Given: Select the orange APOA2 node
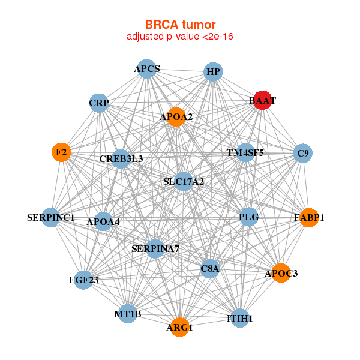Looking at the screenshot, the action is coord(176,117).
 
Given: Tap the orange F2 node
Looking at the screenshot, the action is coord(61,152).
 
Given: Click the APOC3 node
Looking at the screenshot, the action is coord(280,273).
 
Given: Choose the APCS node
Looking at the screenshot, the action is coord(147,69).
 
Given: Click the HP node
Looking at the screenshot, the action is coord(213,73).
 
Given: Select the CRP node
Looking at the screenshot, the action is coord(99,103).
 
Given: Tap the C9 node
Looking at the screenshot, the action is coord(303,154).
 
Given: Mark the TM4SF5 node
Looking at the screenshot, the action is coord(245,152).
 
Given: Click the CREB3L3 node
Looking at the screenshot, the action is coord(121,159).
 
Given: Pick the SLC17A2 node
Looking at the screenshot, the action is coord(184,181).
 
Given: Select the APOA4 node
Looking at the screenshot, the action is coord(103,222).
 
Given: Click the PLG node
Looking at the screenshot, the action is coord(248,217).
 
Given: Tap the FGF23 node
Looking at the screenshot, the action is coord(83,280).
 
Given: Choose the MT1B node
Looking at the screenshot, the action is coord(128,314).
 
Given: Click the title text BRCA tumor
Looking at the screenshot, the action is coord(179,25).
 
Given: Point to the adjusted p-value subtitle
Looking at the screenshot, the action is coord(179,37).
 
